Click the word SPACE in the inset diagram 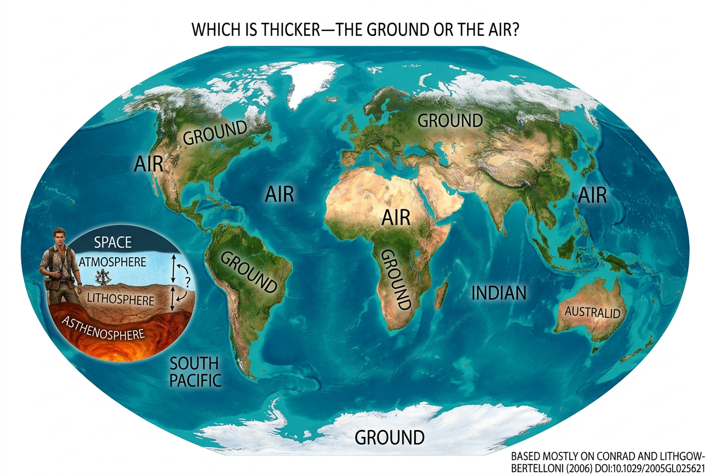(113, 242)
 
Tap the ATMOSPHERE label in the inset (113, 262)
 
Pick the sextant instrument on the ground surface (103, 277)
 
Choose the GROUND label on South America (247, 272)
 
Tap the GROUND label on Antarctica (390, 437)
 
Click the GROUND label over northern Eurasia (450, 120)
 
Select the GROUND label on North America (215, 134)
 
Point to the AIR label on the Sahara (396, 217)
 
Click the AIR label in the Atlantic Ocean (279, 195)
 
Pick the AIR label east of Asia (592, 195)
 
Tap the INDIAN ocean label (498, 292)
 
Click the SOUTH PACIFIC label (195, 371)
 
